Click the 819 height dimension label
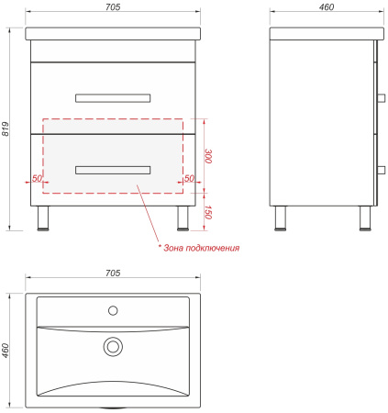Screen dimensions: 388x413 (x=6, y=129)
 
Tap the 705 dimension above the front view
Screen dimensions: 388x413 (x=113, y=7)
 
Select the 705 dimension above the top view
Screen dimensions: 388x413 (x=113, y=273)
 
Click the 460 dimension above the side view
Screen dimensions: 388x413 (x=327, y=7)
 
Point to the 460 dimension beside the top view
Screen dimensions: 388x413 (x=6, y=351)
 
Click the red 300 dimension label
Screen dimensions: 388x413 (x=208, y=156)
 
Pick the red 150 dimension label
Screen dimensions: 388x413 (x=208, y=212)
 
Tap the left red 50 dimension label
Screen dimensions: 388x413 (x=37, y=178)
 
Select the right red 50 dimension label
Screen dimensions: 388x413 (x=189, y=178)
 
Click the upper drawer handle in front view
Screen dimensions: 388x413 (x=113, y=98)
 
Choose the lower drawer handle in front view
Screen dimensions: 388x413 (x=113, y=170)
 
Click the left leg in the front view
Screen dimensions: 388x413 (x=43, y=218)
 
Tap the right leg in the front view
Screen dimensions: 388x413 (x=183, y=218)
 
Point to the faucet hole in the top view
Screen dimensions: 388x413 (x=113, y=310)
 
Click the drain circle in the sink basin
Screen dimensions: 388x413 (x=113, y=347)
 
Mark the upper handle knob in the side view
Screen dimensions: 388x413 (x=382, y=98)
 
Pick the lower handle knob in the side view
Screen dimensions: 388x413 (x=382, y=170)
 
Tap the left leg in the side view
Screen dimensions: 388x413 (x=280, y=218)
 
